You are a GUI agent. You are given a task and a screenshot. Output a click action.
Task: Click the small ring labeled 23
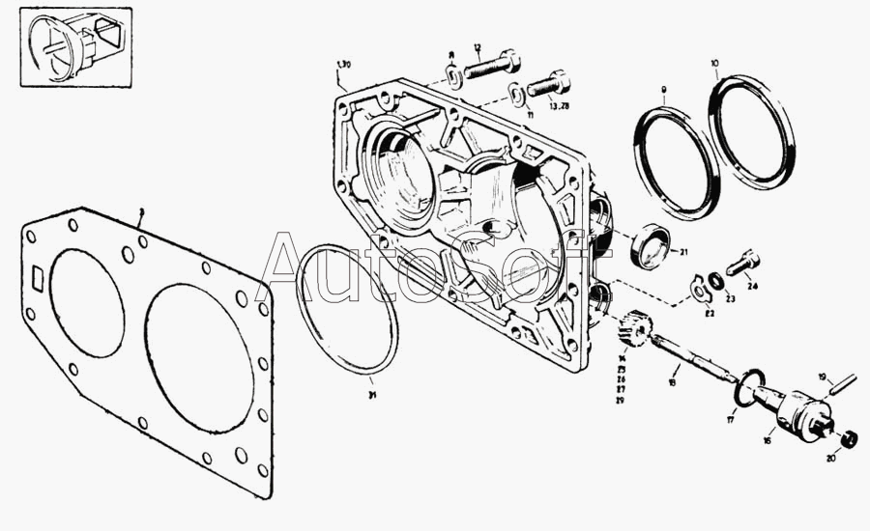coord(716,281)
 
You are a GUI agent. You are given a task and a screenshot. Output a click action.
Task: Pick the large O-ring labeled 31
coord(347,309)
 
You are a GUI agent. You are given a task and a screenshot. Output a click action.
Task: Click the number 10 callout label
coord(714,64)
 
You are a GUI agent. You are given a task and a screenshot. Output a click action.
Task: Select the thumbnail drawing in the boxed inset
coord(75,45)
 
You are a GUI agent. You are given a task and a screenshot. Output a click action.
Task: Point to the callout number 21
coord(683,253)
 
